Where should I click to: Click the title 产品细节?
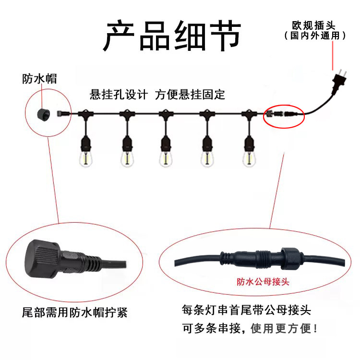[172, 36]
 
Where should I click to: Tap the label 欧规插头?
[313, 25]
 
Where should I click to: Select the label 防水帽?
[39, 79]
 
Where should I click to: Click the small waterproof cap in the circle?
[44, 114]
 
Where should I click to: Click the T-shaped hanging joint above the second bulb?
[127, 114]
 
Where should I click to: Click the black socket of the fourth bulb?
[207, 144]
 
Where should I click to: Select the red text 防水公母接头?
[263, 281]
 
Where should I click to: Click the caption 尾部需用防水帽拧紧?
[74, 312]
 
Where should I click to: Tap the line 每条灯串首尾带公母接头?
[246, 310]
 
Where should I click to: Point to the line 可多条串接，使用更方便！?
[250, 328]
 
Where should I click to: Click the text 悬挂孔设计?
[119, 95]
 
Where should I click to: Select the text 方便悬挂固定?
[190, 95]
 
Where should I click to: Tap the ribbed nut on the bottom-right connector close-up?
[291, 258]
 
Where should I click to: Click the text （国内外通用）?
[315, 36]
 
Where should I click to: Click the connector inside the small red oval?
[281, 113]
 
